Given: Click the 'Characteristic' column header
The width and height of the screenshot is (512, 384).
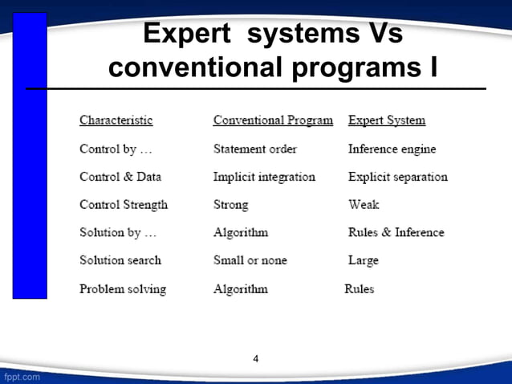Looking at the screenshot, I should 116,121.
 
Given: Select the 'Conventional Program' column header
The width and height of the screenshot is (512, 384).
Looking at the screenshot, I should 273,121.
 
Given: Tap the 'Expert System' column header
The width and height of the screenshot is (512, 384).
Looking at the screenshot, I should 387,121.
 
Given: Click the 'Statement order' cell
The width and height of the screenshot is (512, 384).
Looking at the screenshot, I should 255,149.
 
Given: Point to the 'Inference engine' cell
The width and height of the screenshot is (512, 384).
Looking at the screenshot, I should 392,149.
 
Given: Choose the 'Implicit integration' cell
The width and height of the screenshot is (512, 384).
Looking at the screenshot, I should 264,177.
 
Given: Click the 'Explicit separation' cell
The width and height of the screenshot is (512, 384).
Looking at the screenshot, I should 398,177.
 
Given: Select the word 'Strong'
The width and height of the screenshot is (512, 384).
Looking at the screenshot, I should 231,205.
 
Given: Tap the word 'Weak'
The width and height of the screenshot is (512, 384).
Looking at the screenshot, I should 364,205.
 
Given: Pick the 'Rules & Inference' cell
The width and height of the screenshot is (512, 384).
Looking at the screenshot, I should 396,232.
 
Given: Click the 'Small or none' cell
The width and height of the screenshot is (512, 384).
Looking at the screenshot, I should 250,260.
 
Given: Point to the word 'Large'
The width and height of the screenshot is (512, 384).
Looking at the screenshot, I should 364,260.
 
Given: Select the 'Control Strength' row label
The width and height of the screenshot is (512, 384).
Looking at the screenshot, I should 124,205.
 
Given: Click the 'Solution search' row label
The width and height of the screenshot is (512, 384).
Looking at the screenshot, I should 120,260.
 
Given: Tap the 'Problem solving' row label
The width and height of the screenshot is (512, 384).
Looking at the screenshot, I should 123,288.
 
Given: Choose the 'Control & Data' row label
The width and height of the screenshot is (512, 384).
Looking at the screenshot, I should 117,177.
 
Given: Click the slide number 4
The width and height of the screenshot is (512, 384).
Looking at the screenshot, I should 256,358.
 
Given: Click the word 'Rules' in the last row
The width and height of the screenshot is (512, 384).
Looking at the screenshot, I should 360,288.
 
